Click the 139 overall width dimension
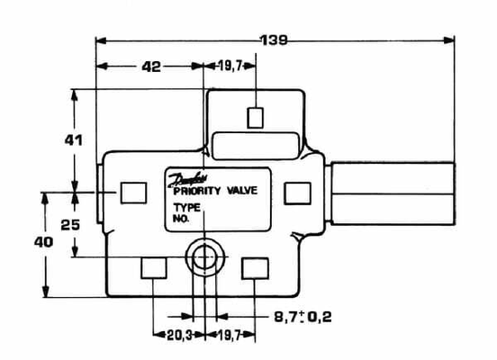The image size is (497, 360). [274, 40]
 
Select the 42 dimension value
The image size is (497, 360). [150, 67]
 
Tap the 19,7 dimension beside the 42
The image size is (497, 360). [231, 67]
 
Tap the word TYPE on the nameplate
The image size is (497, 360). [185, 207]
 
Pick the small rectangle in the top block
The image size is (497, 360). [256, 117]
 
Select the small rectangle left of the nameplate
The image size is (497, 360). [132, 193]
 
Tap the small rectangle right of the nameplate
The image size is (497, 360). [296, 193]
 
